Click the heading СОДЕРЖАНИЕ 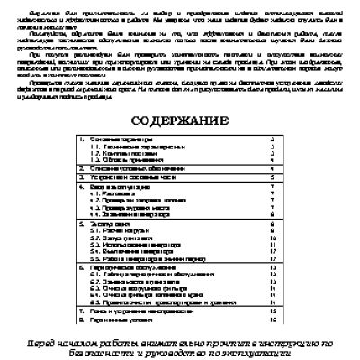180,120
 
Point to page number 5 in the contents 273,179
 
